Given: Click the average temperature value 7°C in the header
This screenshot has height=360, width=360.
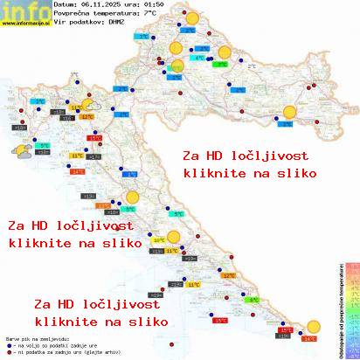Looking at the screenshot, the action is tap(150, 14).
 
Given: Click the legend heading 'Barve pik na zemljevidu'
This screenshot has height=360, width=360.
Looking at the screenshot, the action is tap(35, 336).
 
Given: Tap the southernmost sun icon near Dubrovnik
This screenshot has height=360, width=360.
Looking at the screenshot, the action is tap(314, 325).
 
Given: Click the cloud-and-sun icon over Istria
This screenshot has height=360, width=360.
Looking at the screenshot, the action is tap(17, 151).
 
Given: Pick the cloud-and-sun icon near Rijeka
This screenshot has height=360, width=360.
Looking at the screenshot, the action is tap(88, 100).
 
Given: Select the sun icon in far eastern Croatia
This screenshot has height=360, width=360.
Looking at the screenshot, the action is tap(289, 111).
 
